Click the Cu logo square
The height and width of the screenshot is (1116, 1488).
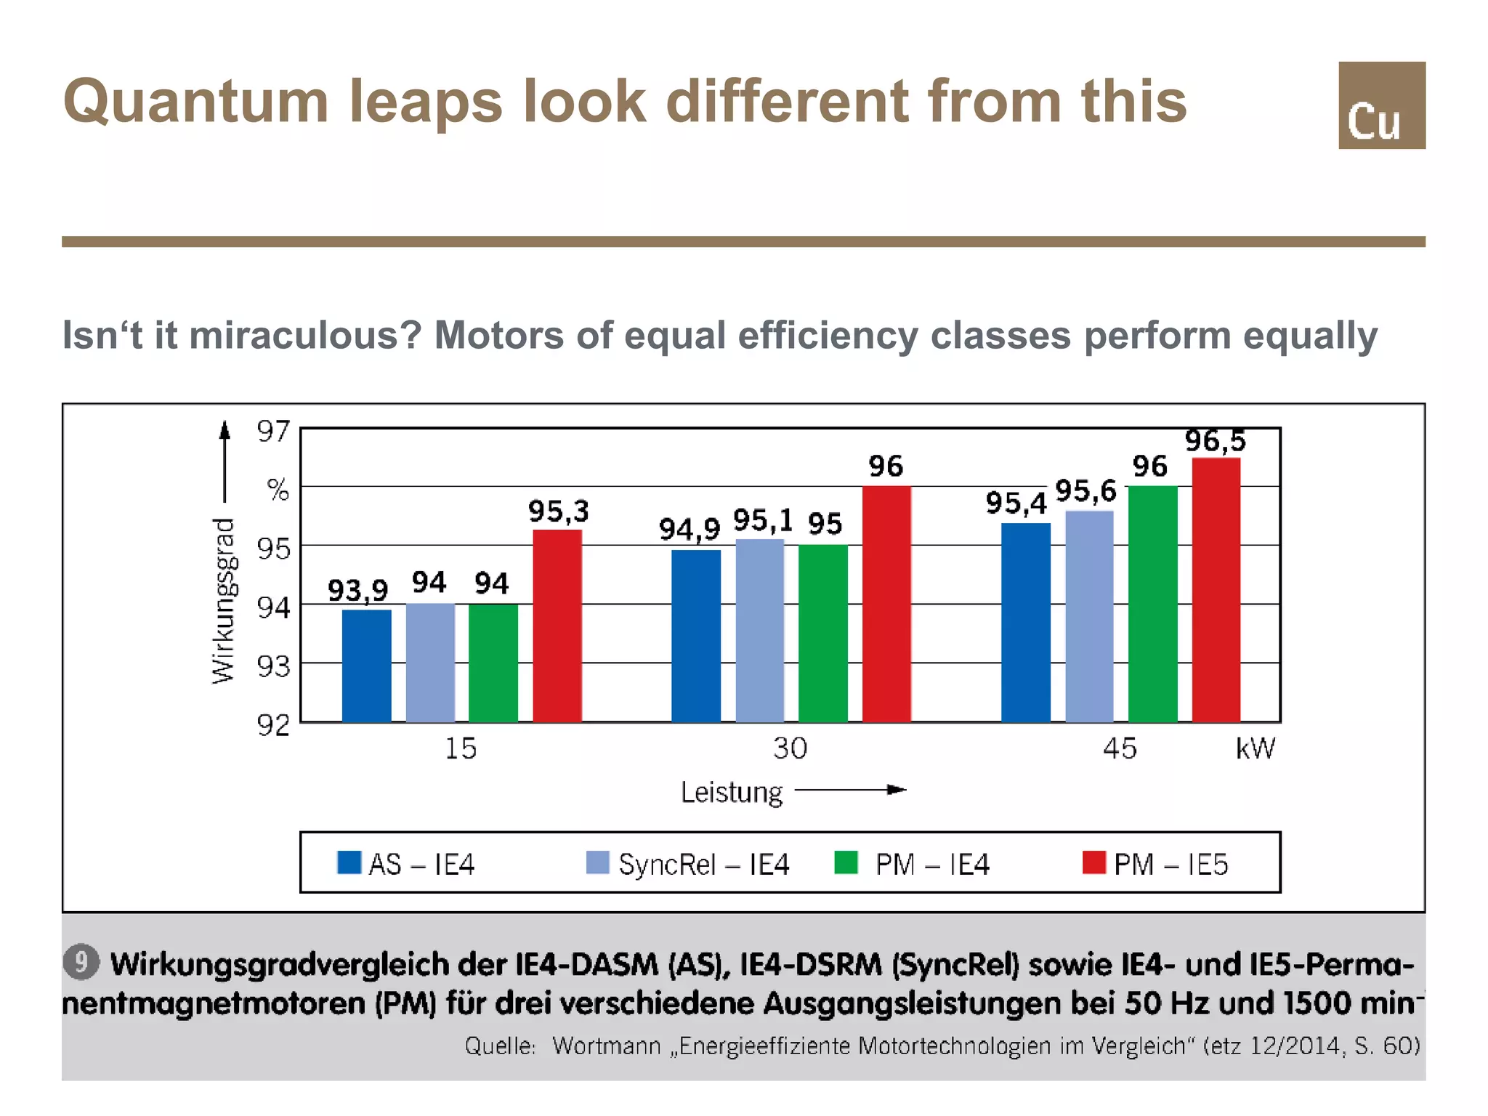coord(1381,105)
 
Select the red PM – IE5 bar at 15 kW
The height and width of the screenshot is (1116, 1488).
coord(557,626)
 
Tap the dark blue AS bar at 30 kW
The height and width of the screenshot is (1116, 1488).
coord(696,636)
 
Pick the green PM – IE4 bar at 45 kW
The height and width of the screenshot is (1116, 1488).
coord(1152,603)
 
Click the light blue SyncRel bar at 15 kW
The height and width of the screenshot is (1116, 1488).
coord(430,662)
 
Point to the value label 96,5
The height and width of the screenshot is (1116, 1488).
coord(1215,441)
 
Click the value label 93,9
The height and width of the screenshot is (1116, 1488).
coord(357,590)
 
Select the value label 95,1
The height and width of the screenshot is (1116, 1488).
coord(762,520)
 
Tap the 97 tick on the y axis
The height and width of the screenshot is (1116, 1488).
coord(273,432)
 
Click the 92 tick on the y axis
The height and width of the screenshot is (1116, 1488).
coord(273,724)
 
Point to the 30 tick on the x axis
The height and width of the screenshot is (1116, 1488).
coord(790,748)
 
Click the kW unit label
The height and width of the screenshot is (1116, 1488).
coord(1255,748)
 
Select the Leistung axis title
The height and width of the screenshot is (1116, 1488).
coord(731,792)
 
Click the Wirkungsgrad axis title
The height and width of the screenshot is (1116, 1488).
coord(224,601)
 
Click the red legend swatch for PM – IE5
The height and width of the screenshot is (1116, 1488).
coord(1093,862)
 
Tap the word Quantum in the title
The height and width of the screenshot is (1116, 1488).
coord(195,102)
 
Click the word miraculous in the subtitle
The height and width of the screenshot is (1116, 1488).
coord(306,336)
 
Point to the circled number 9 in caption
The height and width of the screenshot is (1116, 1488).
coord(81,962)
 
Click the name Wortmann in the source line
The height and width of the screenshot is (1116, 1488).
coord(606,1046)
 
